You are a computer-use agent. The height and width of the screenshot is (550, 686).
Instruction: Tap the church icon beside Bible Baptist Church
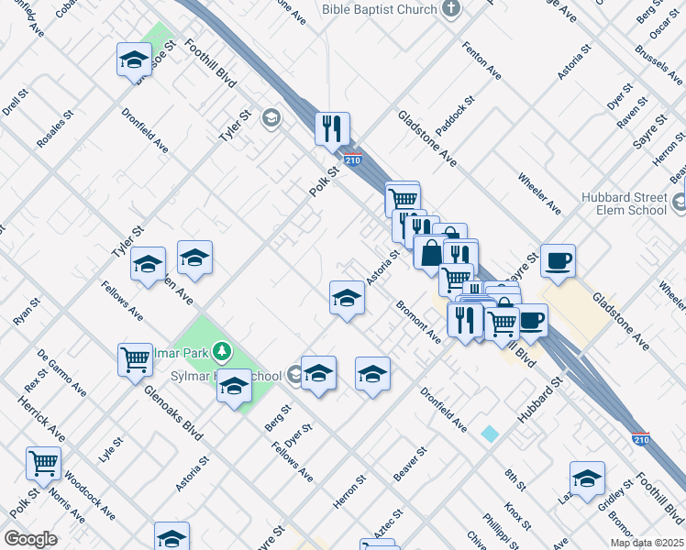click(x=450, y=9)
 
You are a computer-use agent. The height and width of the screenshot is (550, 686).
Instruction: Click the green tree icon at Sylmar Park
click(x=220, y=351)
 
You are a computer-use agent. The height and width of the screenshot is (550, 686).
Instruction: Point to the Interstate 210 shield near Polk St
click(x=354, y=159)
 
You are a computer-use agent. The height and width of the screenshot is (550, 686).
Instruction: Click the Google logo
click(x=30, y=539)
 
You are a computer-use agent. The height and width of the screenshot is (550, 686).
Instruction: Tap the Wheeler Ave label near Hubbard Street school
click(x=539, y=193)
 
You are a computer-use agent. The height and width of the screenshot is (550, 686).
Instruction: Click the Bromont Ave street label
click(x=419, y=321)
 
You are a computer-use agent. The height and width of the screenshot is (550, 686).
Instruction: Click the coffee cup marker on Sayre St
click(x=558, y=260)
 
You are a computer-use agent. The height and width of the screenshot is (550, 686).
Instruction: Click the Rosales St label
click(x=51, y=132)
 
